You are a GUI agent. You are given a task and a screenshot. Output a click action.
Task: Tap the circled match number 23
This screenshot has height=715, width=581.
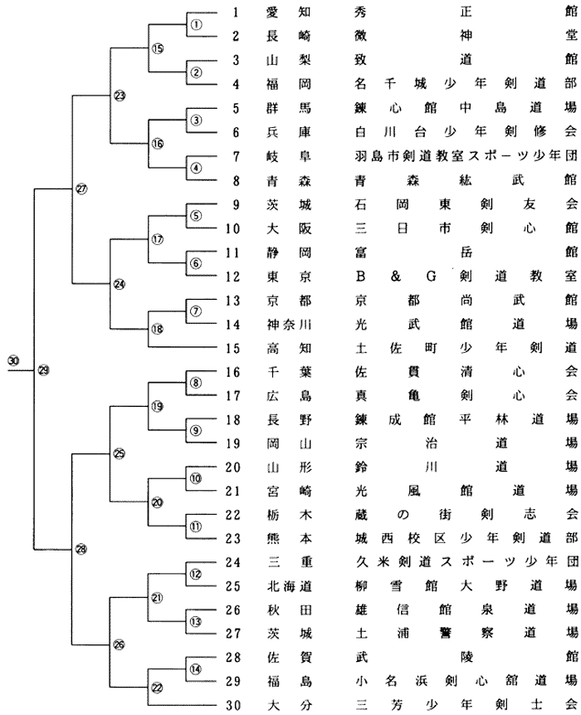coord(120,95)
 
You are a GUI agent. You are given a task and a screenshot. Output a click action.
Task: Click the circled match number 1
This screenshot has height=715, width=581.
coord(196,24)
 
